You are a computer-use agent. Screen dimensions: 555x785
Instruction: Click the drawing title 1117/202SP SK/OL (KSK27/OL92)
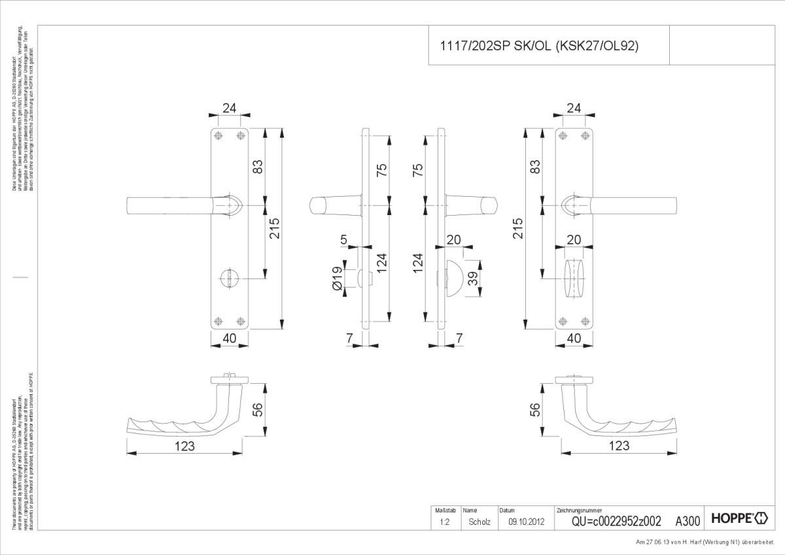pos(538,46)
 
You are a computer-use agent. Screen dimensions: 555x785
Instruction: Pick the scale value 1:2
pos(444,522)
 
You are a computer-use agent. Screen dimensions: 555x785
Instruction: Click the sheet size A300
pos(688,521)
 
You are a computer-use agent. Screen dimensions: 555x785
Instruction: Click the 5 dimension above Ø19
pos(344,240)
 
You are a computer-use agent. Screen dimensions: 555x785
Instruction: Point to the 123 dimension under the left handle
pos(185,446)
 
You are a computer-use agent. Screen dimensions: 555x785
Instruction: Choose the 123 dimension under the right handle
pos(618,446)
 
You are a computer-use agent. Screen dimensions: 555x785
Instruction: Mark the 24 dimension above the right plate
pos(574,109)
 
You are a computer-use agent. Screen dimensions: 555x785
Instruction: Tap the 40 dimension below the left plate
pos(229,338)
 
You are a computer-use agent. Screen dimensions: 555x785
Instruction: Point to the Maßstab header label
pos(440,510)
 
